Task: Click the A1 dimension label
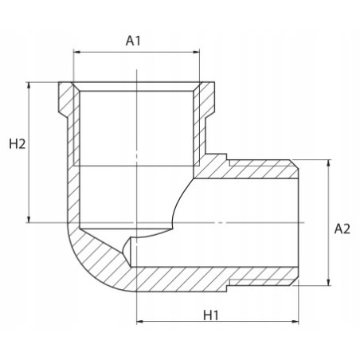pos(133,41)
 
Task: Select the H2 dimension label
pos(18,144)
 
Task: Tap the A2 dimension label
pos(342,229)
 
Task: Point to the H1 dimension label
pos(211,315)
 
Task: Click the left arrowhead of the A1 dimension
pos(76,52)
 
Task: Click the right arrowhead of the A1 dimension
pos(196,52)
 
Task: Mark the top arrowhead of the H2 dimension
pos(29,85)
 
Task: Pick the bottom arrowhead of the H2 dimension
pos(29,219)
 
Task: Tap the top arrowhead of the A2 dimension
pos(329,163)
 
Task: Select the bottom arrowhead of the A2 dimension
pos(329,282)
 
